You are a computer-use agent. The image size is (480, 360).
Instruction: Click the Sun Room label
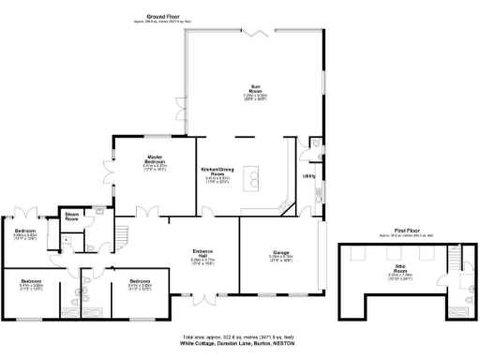click(252, 85)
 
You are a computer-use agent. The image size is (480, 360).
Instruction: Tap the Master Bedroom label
click(155, 158)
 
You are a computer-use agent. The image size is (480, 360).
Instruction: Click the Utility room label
click(307, 175)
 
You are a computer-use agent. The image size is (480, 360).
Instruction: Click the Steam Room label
click(71, 216)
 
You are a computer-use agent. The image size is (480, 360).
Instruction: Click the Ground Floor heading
click(151, 17)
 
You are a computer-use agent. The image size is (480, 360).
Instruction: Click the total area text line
click(240, 337)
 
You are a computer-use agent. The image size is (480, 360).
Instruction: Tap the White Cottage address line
click(240, 344)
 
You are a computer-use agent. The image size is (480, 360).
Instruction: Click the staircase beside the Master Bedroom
click(119, 232)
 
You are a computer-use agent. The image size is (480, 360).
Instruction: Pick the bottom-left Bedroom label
click(32, 280)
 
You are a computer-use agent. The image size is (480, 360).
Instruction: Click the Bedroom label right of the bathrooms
click(140, 281)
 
